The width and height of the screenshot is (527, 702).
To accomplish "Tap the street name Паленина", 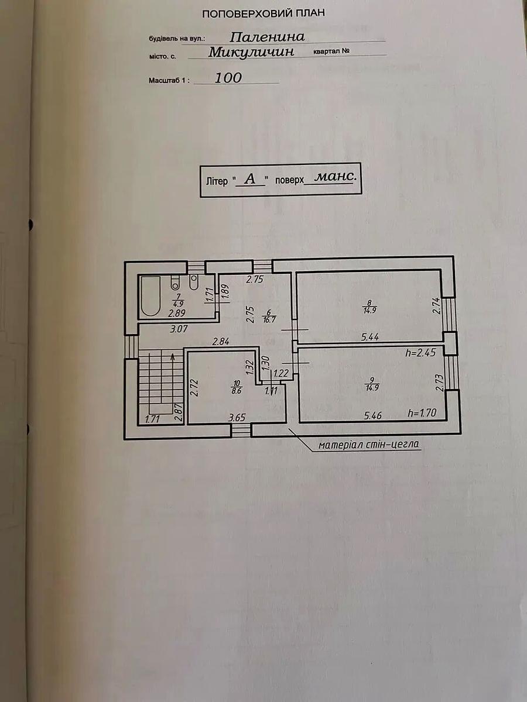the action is click(x=267, y=36).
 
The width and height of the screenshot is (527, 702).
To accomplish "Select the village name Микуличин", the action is click(x=251, y=52).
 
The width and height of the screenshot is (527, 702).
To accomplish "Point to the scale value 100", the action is click(x=228, y=78).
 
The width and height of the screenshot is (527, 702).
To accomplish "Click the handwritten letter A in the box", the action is click(x=250, y=179).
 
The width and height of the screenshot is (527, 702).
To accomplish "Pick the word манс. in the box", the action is click(x=336, y=177).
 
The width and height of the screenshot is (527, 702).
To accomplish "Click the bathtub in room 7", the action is click(x=150, y=297).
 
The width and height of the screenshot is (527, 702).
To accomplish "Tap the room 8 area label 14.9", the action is click(x=369, y=310).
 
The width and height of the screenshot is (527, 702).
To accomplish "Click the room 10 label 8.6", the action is click(x=237, y=391).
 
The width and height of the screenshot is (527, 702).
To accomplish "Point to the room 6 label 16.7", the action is click(x=269, y=319).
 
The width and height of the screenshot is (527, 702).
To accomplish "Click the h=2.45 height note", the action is click(x=420, y=353).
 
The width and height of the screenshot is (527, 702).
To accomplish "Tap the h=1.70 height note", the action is click(x=422, y=413).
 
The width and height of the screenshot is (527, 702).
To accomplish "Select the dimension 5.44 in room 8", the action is click(x=370, y=337).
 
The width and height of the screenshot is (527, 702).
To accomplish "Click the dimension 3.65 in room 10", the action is click(x=237, y=417).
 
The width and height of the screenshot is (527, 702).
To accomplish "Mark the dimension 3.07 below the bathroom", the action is click(x=179, y=329).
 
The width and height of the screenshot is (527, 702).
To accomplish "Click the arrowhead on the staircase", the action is click(x=173, y=356).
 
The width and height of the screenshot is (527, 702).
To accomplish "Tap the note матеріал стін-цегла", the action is click(x=368, y=445).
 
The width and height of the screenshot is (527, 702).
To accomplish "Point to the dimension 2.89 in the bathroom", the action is click(x=177, y=313).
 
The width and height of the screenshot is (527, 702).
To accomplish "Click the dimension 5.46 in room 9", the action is click(x=373, y=415).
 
